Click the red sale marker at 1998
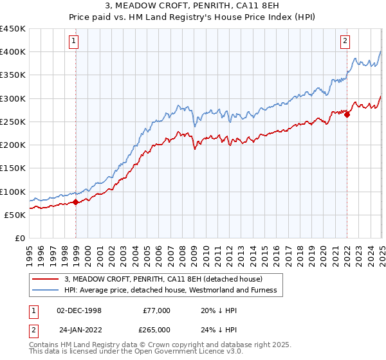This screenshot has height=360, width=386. click(x=76, y=202)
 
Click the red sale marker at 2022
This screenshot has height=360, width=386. click(x=347, y=114)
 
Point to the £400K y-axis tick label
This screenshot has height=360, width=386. click(x=13, y=52)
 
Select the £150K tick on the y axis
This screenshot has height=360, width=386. click(x=13, y=168)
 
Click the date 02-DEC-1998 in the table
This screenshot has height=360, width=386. click(x=79, y=310)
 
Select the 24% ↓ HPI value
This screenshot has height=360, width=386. click(x=219, y=329)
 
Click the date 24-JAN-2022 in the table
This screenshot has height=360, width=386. click(x=79, y=329)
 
